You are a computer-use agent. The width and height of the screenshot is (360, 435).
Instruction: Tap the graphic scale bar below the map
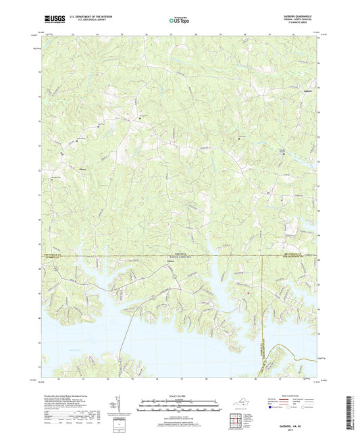[179, 405]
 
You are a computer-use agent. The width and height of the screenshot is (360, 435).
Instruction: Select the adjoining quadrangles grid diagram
[234, 421]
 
